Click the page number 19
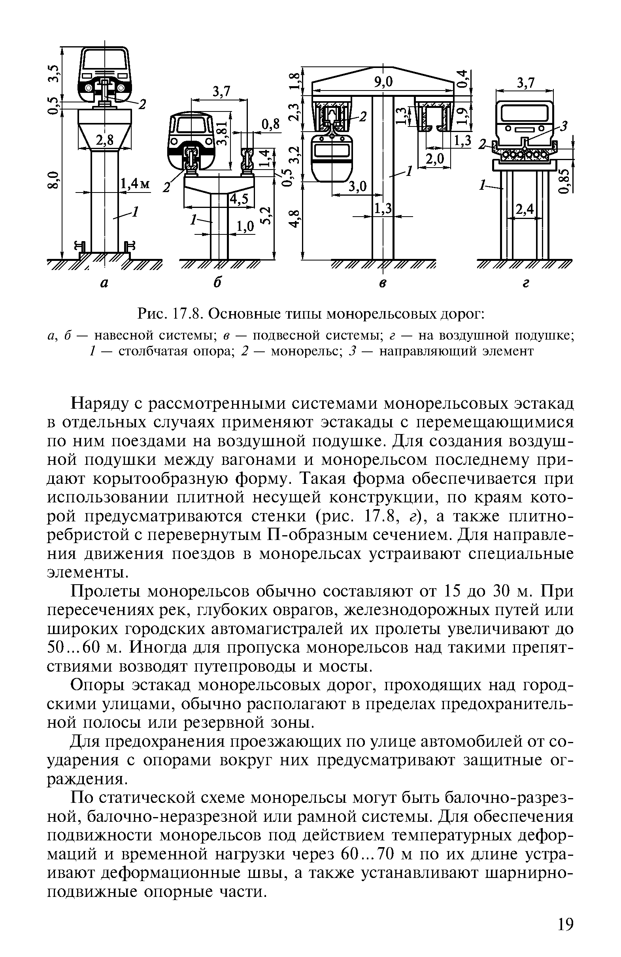coord(565,924)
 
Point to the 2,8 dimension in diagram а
coord(105,141)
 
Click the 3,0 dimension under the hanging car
coord(357,187)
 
